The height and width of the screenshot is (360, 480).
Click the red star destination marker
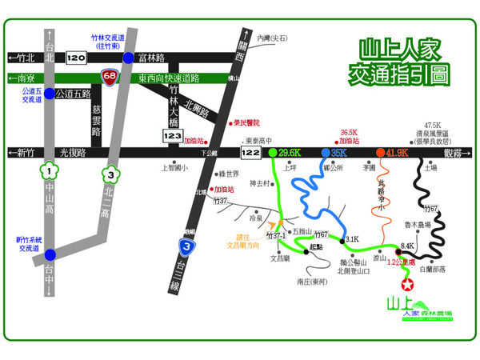pyautogui.click(x=407, y=285)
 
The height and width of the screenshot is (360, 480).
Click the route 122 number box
pyautogui.click(x=251, y=150)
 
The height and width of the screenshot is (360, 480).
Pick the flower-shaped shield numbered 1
pyautogui.click(x=50, y=171)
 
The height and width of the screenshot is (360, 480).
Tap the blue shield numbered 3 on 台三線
pyautogui.click(x=186, y=246)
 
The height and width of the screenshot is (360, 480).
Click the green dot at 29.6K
pyautogui.click(x=274, y=151)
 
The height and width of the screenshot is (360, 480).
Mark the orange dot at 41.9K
pyautogui.click(x=380, y=151)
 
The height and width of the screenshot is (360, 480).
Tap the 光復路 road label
pyautogui.click(x=72, y=152)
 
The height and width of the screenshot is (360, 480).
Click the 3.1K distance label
pyautogui.click(x=352, y=238)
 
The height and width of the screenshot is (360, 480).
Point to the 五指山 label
pyautogui.click(x=302, y=230)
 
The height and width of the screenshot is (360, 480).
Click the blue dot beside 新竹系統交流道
pyautogui.click(x=50, y=246)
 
